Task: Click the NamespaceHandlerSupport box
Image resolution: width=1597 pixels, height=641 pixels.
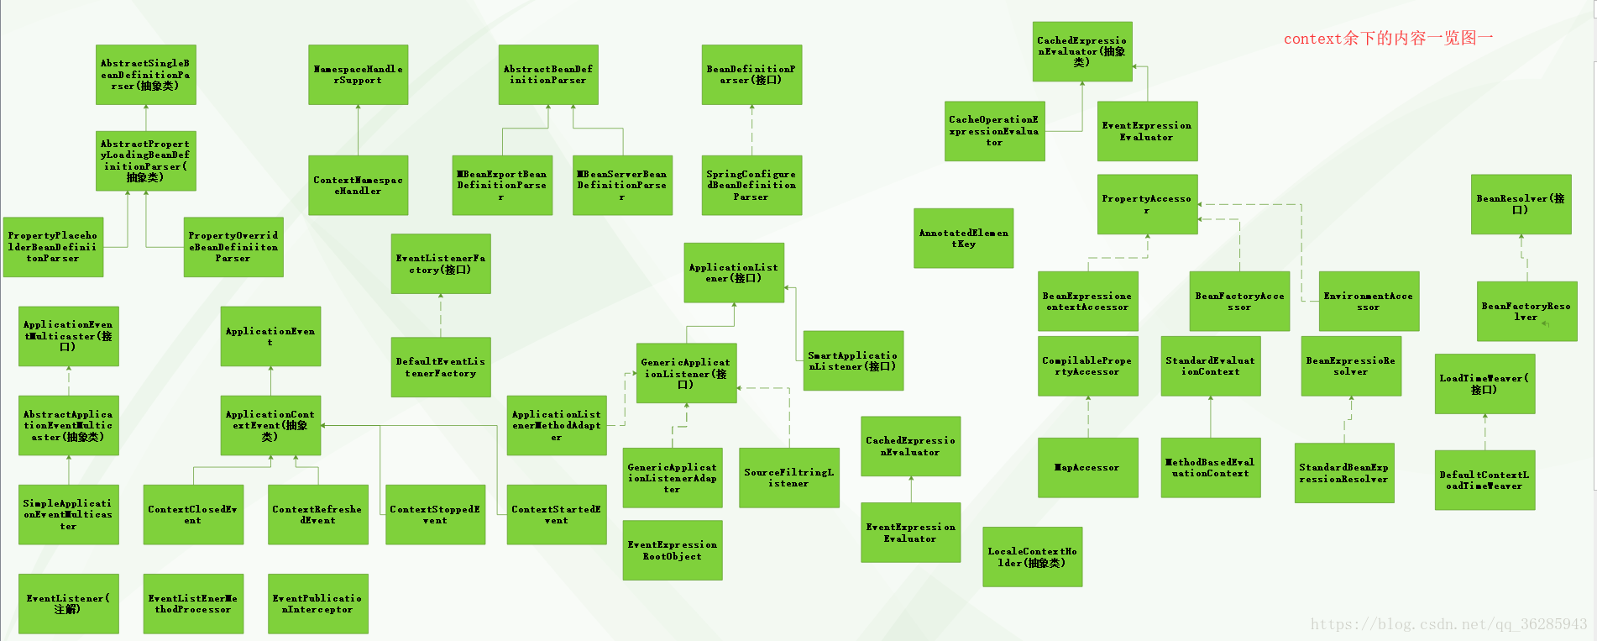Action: coord(358,75)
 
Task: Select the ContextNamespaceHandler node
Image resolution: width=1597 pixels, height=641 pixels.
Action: coord(358,185)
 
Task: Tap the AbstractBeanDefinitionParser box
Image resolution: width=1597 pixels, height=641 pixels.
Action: coord(548,75)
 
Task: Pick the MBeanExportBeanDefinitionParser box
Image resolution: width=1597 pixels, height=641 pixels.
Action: coord(502,185)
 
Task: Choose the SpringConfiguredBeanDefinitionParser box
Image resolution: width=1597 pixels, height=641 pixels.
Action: coord(751,185)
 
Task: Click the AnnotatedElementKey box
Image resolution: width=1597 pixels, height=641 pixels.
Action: coord(963,239)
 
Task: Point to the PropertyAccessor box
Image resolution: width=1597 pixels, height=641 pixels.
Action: coord(1147,204)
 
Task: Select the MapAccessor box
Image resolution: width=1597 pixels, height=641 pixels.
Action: coord(1088,467)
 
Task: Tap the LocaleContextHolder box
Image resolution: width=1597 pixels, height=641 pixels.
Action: coord(1032,557)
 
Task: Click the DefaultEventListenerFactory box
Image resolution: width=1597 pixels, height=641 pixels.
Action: coord(441,367)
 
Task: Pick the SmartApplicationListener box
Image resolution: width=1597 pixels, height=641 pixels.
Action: coord(853,360)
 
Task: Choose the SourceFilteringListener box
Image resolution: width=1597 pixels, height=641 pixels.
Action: coord(788,477)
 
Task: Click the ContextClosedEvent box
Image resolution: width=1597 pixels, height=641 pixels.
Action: coord(193,514)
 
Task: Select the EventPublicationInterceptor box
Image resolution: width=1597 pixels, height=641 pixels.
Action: coord(317,603)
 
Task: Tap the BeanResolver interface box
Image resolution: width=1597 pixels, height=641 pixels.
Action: coord(1521,204)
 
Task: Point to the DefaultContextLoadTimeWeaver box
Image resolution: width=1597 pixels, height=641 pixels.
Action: coord(1484,480)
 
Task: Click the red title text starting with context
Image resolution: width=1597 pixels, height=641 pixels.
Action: coord(1388,39)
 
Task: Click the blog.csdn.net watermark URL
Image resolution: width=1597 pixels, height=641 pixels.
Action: coord(1448,624)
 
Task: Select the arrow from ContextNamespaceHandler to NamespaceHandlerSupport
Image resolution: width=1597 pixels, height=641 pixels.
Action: coord(359,130)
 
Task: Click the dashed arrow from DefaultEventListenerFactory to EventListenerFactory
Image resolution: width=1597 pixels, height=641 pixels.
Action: coord(441,315)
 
